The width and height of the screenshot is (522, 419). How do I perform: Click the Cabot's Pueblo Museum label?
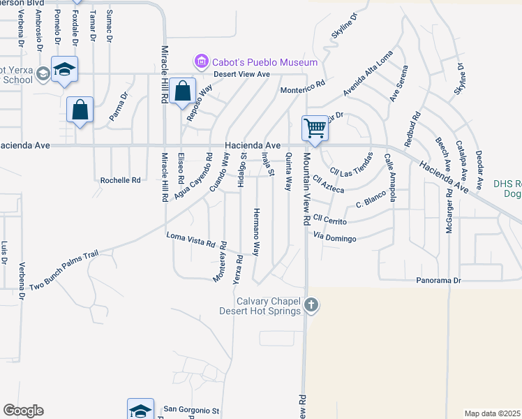265,62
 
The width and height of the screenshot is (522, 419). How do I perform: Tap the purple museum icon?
202,62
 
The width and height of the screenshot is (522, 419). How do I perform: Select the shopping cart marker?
315,128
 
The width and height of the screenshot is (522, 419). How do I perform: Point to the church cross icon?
311,304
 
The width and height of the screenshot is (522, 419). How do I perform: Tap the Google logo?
23,410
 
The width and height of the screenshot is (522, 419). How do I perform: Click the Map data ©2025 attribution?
492,413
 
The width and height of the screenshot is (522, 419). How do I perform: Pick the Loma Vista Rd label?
191,240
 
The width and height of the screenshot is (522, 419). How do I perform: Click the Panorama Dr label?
439,280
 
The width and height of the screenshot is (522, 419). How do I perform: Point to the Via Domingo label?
335,238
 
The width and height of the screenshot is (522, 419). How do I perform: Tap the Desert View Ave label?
241,74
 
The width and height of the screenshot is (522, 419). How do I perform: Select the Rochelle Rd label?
121,179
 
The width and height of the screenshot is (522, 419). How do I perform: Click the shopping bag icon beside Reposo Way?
182,91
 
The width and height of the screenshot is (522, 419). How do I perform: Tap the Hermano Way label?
256,230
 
